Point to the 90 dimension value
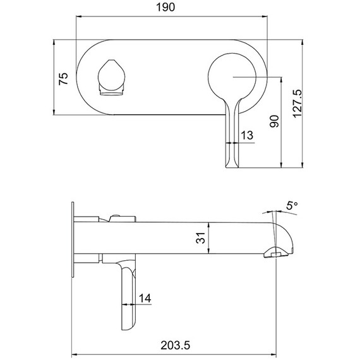pyautogui.click(x=273, y=121)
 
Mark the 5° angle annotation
pyautogui.click(x=291, y=206)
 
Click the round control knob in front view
pyautogui.click(x=233, y=78)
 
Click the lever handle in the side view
pyautogui.click(x=126, y=297)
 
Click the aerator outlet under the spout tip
pyautogui.click(x=273, y=254)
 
